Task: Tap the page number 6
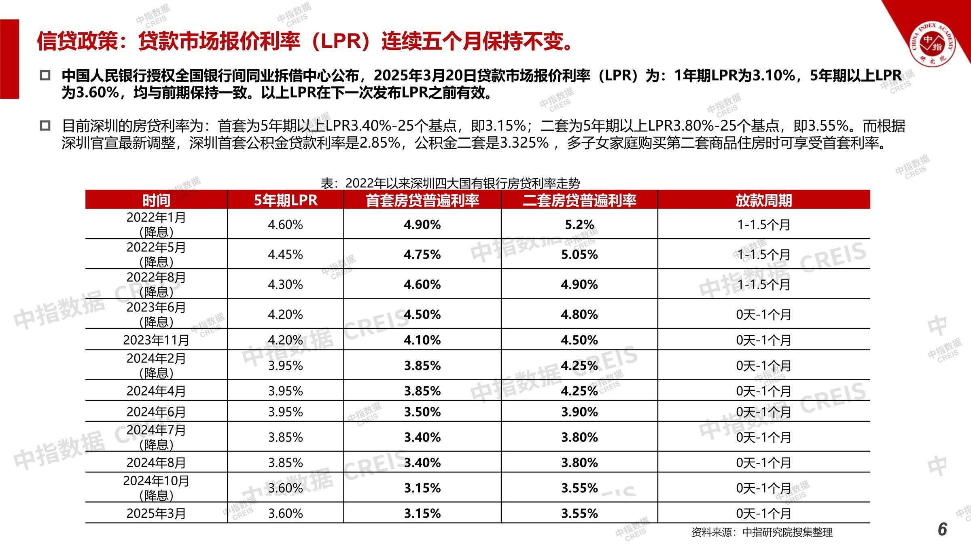(x=942, y=529)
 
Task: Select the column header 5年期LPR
(x=285, y=200)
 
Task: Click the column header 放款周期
(x=763, y=200)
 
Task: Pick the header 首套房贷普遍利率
(x=422, y=200)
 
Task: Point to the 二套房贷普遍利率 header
(x=579, y=200)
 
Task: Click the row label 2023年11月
(x=156, y=340)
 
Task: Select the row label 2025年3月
(x=156, y=513)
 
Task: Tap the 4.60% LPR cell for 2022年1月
(x=285, y=224)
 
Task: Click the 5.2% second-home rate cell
(x=579, y=224)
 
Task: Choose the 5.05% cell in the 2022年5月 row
(x=579, y=254)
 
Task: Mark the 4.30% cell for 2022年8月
(x=285, y=284)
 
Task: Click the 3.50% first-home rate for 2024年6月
(x=422, y=412)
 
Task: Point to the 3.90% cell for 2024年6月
(x=579, y=412)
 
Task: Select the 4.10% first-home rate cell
(x=422, y=340)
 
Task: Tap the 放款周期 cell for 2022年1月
(x=763, y=224)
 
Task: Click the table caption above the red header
(x=450, y=183)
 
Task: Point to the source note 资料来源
(x=762, y=532)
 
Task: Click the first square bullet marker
(x=45, y=76)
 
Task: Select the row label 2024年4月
(x=156, y=391)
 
